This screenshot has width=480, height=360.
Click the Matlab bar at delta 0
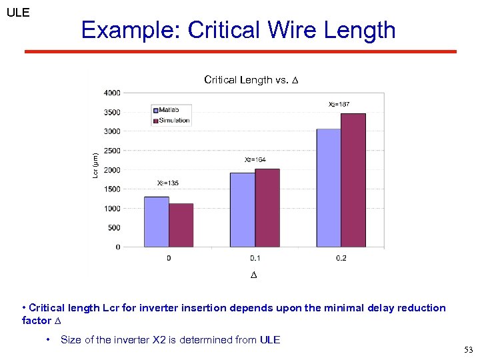click(156, 221)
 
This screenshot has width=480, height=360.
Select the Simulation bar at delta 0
click(181, 225)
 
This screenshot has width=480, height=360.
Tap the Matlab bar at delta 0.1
click(243, 209)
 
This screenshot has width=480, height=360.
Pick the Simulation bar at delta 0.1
click(267, 207)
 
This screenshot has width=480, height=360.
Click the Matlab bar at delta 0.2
click(329, 187)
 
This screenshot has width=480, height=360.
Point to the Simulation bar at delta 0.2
click(353, 180)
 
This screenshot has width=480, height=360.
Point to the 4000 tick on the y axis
click(112, 93)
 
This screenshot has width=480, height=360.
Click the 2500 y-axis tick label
click(112, 151)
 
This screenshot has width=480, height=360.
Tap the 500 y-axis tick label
click(114, 228)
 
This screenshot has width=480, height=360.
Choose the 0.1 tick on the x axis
click(255, 258)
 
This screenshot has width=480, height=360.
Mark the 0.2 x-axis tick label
click(341, 258)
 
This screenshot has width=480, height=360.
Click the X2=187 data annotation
click(339, 104)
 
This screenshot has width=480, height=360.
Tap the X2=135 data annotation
click(167, 183)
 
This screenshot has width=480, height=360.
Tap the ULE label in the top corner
click(18, 12)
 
